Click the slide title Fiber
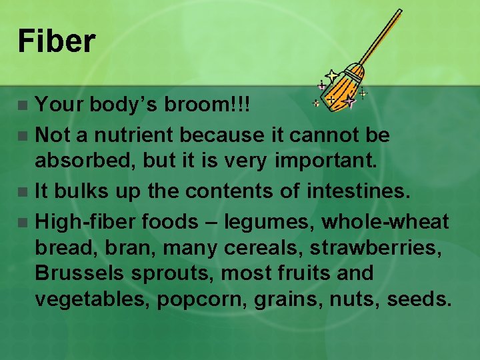pos(57,41)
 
